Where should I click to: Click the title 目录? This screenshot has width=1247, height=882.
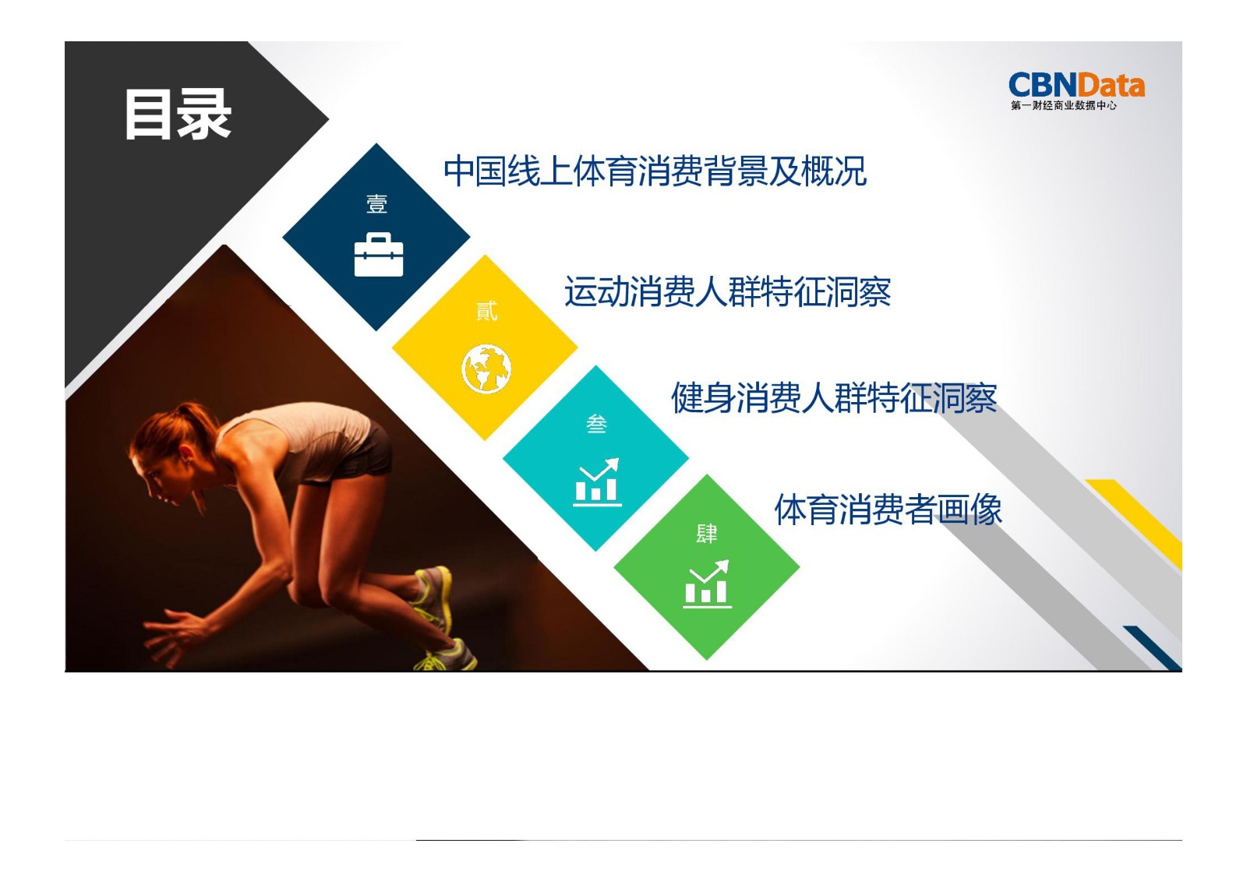[178, 115]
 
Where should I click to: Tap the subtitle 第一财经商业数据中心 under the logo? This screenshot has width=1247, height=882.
[1063, 105]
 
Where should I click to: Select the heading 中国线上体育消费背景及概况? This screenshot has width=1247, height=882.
[655, 171]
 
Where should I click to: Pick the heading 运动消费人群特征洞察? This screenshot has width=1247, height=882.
[727, 292]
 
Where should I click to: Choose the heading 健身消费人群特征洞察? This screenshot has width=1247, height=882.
[834, 398]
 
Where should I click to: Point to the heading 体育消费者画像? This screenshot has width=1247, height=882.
[888, 510]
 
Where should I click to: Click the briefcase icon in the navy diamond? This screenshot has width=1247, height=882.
[379, 255]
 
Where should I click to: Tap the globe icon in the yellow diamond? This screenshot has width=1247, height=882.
[486, 369]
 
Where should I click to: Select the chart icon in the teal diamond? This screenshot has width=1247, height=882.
[597, 482]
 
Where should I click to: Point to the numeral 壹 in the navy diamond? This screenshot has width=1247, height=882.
[377, 204]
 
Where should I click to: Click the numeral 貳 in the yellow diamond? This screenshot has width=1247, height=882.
[486, 311]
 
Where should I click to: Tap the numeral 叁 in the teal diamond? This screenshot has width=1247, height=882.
[597, 424]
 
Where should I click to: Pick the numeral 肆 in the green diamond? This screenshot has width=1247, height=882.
[707, 534]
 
